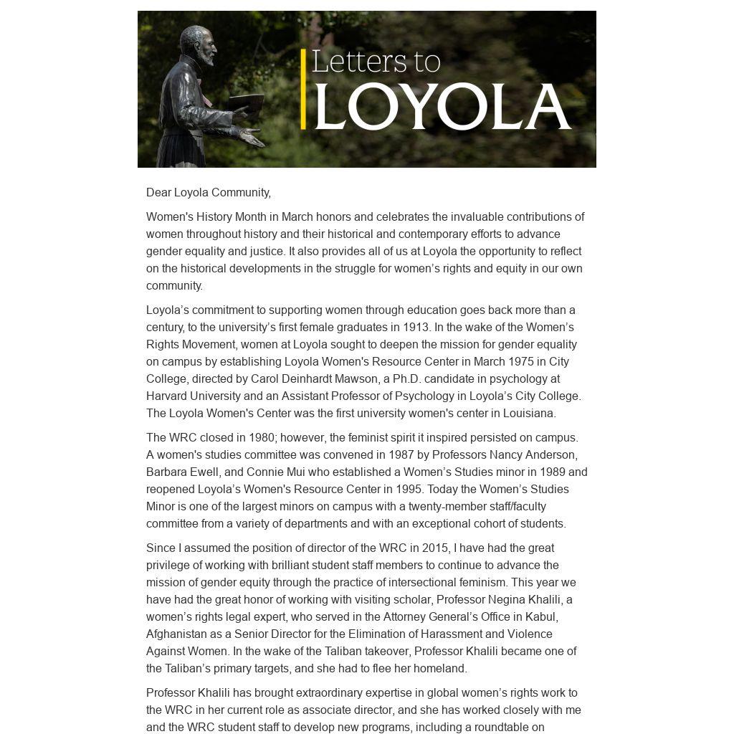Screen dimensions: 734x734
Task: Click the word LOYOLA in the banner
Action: pos(442,107)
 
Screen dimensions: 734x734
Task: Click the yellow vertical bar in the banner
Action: pos(303,90)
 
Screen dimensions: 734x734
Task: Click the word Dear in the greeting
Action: pos(158,193)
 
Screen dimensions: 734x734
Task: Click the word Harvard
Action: pos(169,396)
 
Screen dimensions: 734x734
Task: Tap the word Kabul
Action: pos(542,617)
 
